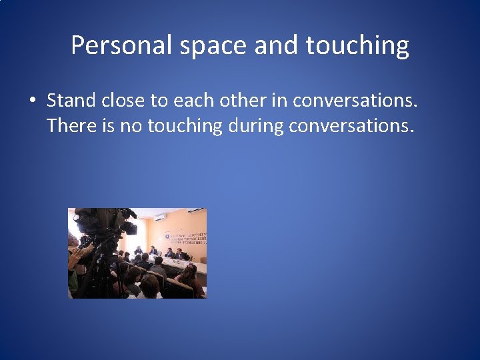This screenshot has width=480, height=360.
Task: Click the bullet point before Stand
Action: pos(32,101)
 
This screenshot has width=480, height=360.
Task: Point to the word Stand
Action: pos(70,100)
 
